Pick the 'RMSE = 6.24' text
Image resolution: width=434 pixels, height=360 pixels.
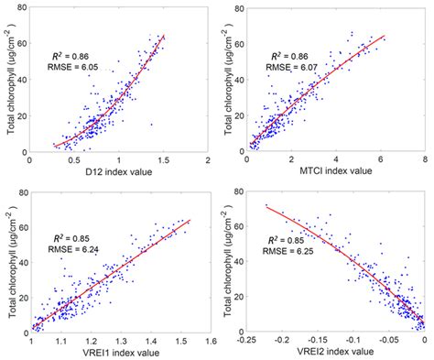click(x=77, y=247)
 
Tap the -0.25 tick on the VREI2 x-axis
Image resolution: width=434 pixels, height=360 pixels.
click(x=246, y=341)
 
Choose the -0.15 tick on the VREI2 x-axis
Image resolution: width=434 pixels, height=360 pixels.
click(x=318, y=341)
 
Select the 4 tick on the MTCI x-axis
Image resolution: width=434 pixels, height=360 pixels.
click(x=336, y=158)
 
